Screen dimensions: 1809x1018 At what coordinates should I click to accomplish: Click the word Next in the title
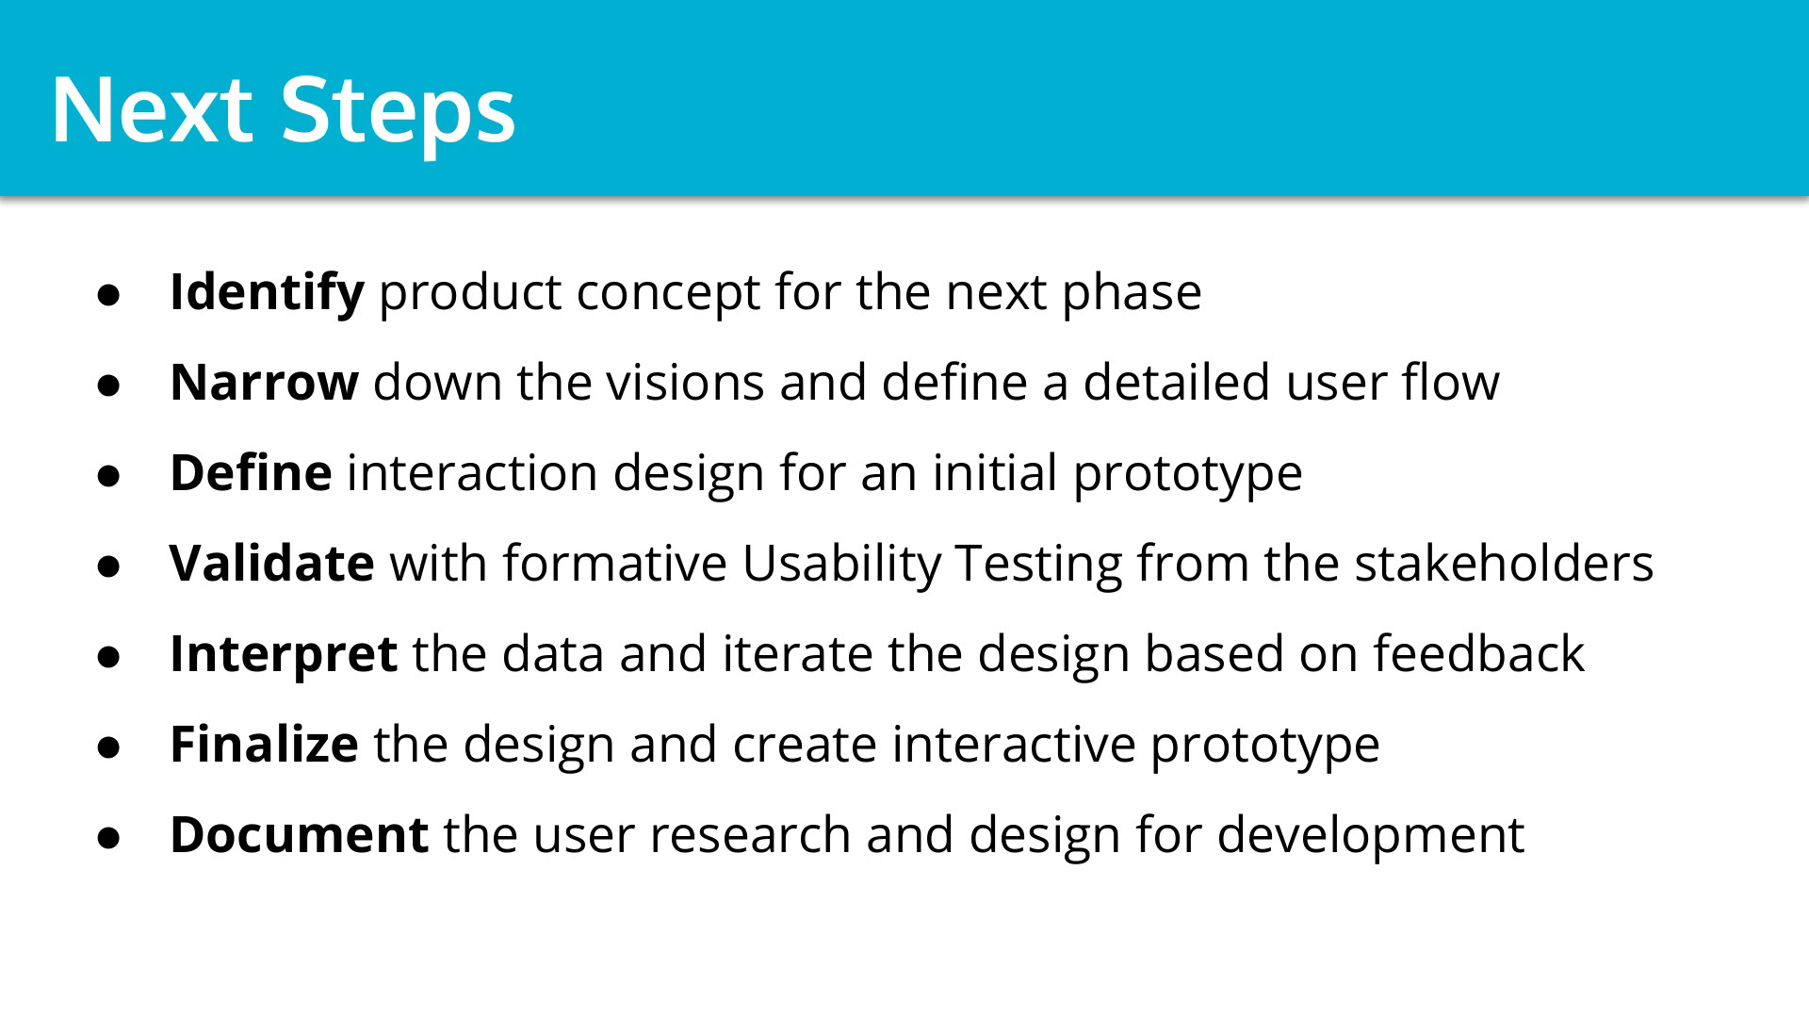152,108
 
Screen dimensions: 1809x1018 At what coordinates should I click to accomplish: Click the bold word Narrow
264,383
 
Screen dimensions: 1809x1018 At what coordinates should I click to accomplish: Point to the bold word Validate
272,563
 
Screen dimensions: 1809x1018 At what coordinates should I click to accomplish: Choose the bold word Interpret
284,655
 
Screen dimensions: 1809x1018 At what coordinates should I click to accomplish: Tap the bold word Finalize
264,744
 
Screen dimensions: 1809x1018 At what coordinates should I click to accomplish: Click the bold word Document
300,834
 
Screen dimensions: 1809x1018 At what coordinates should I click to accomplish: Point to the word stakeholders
1504,563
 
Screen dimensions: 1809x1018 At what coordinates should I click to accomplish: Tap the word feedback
1478,653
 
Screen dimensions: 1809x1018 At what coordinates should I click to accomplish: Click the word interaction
472,472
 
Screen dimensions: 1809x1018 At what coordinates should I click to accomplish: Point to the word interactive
1014,744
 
